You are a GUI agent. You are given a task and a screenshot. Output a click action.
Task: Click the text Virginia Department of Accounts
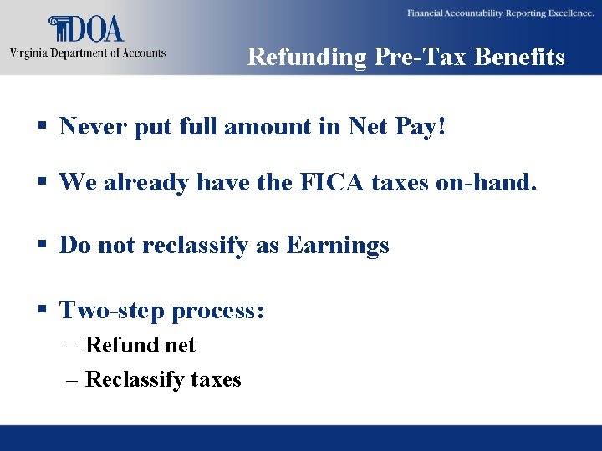pos(88,53)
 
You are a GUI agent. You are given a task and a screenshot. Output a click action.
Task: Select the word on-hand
pos(487,183)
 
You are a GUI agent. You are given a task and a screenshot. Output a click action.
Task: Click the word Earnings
pos(338,246)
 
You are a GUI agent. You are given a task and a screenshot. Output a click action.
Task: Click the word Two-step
pos(112,311)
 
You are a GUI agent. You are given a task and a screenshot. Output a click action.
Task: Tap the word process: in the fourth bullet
pos(218,311)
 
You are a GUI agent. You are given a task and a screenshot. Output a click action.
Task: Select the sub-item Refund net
pos(140,345)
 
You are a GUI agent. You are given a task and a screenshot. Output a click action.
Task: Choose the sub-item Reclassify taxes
pos(163,379)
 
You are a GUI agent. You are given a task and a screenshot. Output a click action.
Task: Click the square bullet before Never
pos(40,128)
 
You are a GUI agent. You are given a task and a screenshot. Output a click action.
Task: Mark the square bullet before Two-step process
pos(40,312)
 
